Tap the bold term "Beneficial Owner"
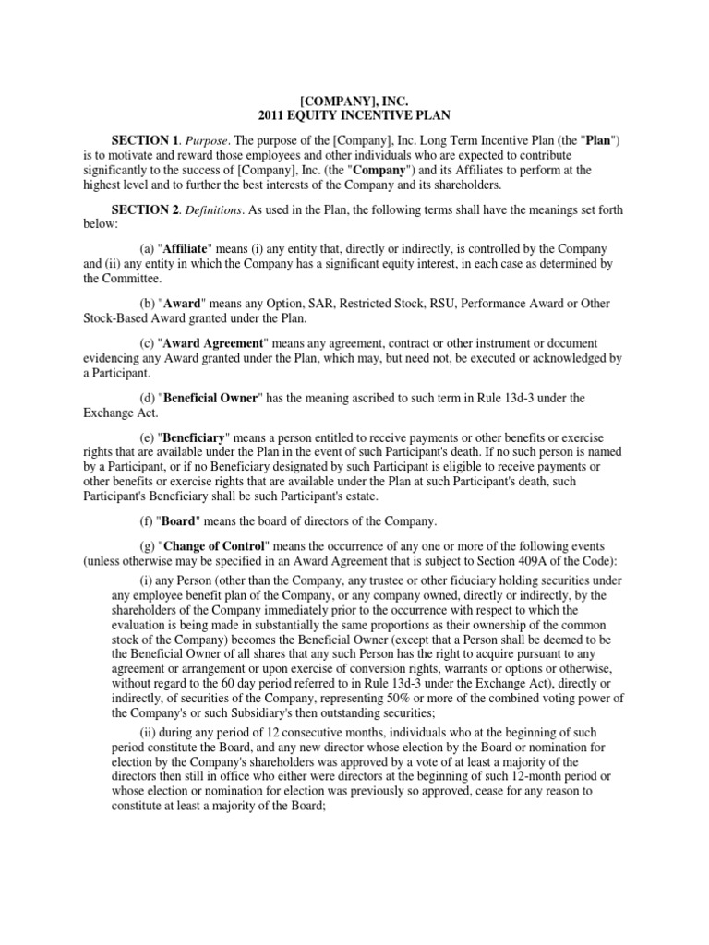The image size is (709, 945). click(213, 398)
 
